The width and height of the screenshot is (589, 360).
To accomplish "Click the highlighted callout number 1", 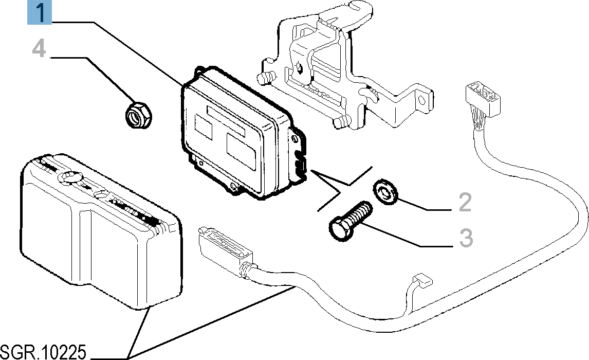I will click(x=40, y=12).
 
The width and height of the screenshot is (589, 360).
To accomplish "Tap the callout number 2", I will click(x=464, y=203).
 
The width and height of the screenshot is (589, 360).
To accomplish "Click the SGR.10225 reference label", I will click(x=43, y=352).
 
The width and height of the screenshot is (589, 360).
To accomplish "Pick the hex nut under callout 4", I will click(x=138, y=114).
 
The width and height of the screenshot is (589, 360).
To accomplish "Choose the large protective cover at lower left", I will click(x=98, y=231).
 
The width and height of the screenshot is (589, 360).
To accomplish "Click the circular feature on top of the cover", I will click(x=71, y=177).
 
